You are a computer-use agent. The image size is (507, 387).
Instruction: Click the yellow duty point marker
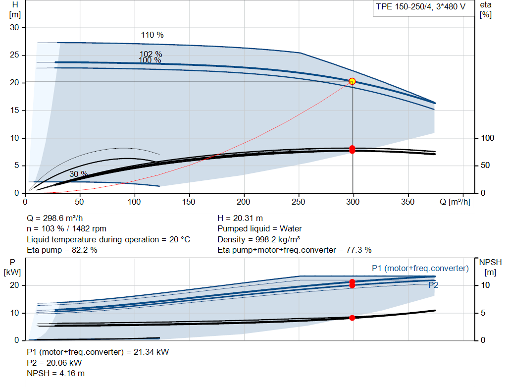(352, 81)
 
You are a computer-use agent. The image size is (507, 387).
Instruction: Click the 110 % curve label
(152, 35)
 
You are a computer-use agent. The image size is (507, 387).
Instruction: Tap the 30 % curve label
(78, 174)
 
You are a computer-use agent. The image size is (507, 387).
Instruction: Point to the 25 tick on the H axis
(14, 55)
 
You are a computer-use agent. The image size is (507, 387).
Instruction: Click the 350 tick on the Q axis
(408, 202)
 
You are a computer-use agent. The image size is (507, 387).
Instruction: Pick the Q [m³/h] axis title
(455, 202)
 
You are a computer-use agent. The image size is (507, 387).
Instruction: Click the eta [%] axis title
(486, 10)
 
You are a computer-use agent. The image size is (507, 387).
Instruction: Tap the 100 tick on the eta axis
(488, 138)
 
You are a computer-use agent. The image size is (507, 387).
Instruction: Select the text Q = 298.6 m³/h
(54, 219)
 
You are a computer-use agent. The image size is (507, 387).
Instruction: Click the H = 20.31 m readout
(240, 219)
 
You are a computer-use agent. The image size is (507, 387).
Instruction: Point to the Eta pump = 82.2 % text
(62, 250)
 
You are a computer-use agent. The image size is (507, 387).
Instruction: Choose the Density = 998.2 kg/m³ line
(258, 239)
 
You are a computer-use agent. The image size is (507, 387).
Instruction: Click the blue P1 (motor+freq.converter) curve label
(420, 268)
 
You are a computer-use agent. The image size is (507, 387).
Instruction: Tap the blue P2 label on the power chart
(433, 285)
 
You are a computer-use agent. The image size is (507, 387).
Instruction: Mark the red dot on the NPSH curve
(352, 318)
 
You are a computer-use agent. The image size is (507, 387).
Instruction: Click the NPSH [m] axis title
(490, 267)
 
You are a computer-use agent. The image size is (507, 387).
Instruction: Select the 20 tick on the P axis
(14, 285)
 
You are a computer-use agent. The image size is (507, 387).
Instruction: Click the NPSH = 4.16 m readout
(55, 374)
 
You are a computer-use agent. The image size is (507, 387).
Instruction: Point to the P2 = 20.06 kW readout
(54, 363)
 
